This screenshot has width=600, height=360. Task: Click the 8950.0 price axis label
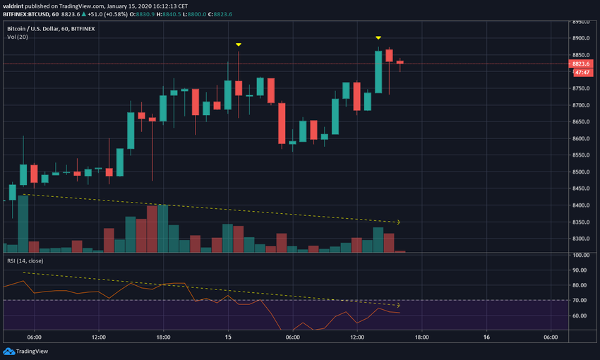pos(582,22)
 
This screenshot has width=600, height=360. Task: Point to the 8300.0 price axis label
pos(582,239)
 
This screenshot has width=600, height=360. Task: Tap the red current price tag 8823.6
pos(582,64)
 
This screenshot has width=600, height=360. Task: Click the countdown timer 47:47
pos(583,72)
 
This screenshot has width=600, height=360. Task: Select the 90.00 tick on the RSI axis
pos(580,270)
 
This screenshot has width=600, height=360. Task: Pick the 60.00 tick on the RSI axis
pos(580,316)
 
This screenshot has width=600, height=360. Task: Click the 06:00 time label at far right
pos(551,337)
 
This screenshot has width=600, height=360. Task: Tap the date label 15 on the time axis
pos(228,337)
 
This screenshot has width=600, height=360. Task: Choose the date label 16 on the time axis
pos(486,337)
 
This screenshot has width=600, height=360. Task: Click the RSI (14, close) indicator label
pos(25,260)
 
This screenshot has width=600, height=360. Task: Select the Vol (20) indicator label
pos(17,38)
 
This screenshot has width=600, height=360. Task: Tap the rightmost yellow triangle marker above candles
pos(378,37)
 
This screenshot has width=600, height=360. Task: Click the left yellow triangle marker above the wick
pos(239,44)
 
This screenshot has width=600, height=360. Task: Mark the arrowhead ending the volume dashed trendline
pos(399,222)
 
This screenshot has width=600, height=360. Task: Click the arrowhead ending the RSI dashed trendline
pos(399,306)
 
